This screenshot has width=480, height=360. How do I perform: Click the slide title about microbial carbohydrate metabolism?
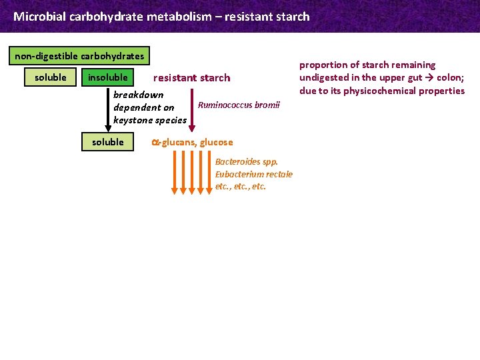click(x=161, y=16)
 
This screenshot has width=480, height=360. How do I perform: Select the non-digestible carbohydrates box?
click(x=79, y=56)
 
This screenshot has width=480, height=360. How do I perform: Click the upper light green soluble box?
click(x=51, y=77)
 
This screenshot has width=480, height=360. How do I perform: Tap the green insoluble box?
click(x=107, y=77)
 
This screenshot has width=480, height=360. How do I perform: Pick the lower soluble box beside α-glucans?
click(x=108, y=142)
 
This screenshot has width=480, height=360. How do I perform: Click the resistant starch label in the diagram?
click(x=191, y=78)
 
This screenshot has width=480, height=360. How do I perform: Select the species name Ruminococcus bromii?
click(x=239, y=105)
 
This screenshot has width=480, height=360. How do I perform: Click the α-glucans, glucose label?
click(x=192, y=142)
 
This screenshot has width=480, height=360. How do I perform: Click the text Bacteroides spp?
click(x=246, y=161)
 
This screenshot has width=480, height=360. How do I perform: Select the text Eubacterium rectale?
click(x=253, y=174)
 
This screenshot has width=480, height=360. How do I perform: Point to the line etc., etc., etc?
click(x=240, y=187)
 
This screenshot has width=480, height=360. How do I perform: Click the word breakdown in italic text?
click(x=138, y=95)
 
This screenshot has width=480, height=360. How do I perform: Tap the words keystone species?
click(x=150, y=120)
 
